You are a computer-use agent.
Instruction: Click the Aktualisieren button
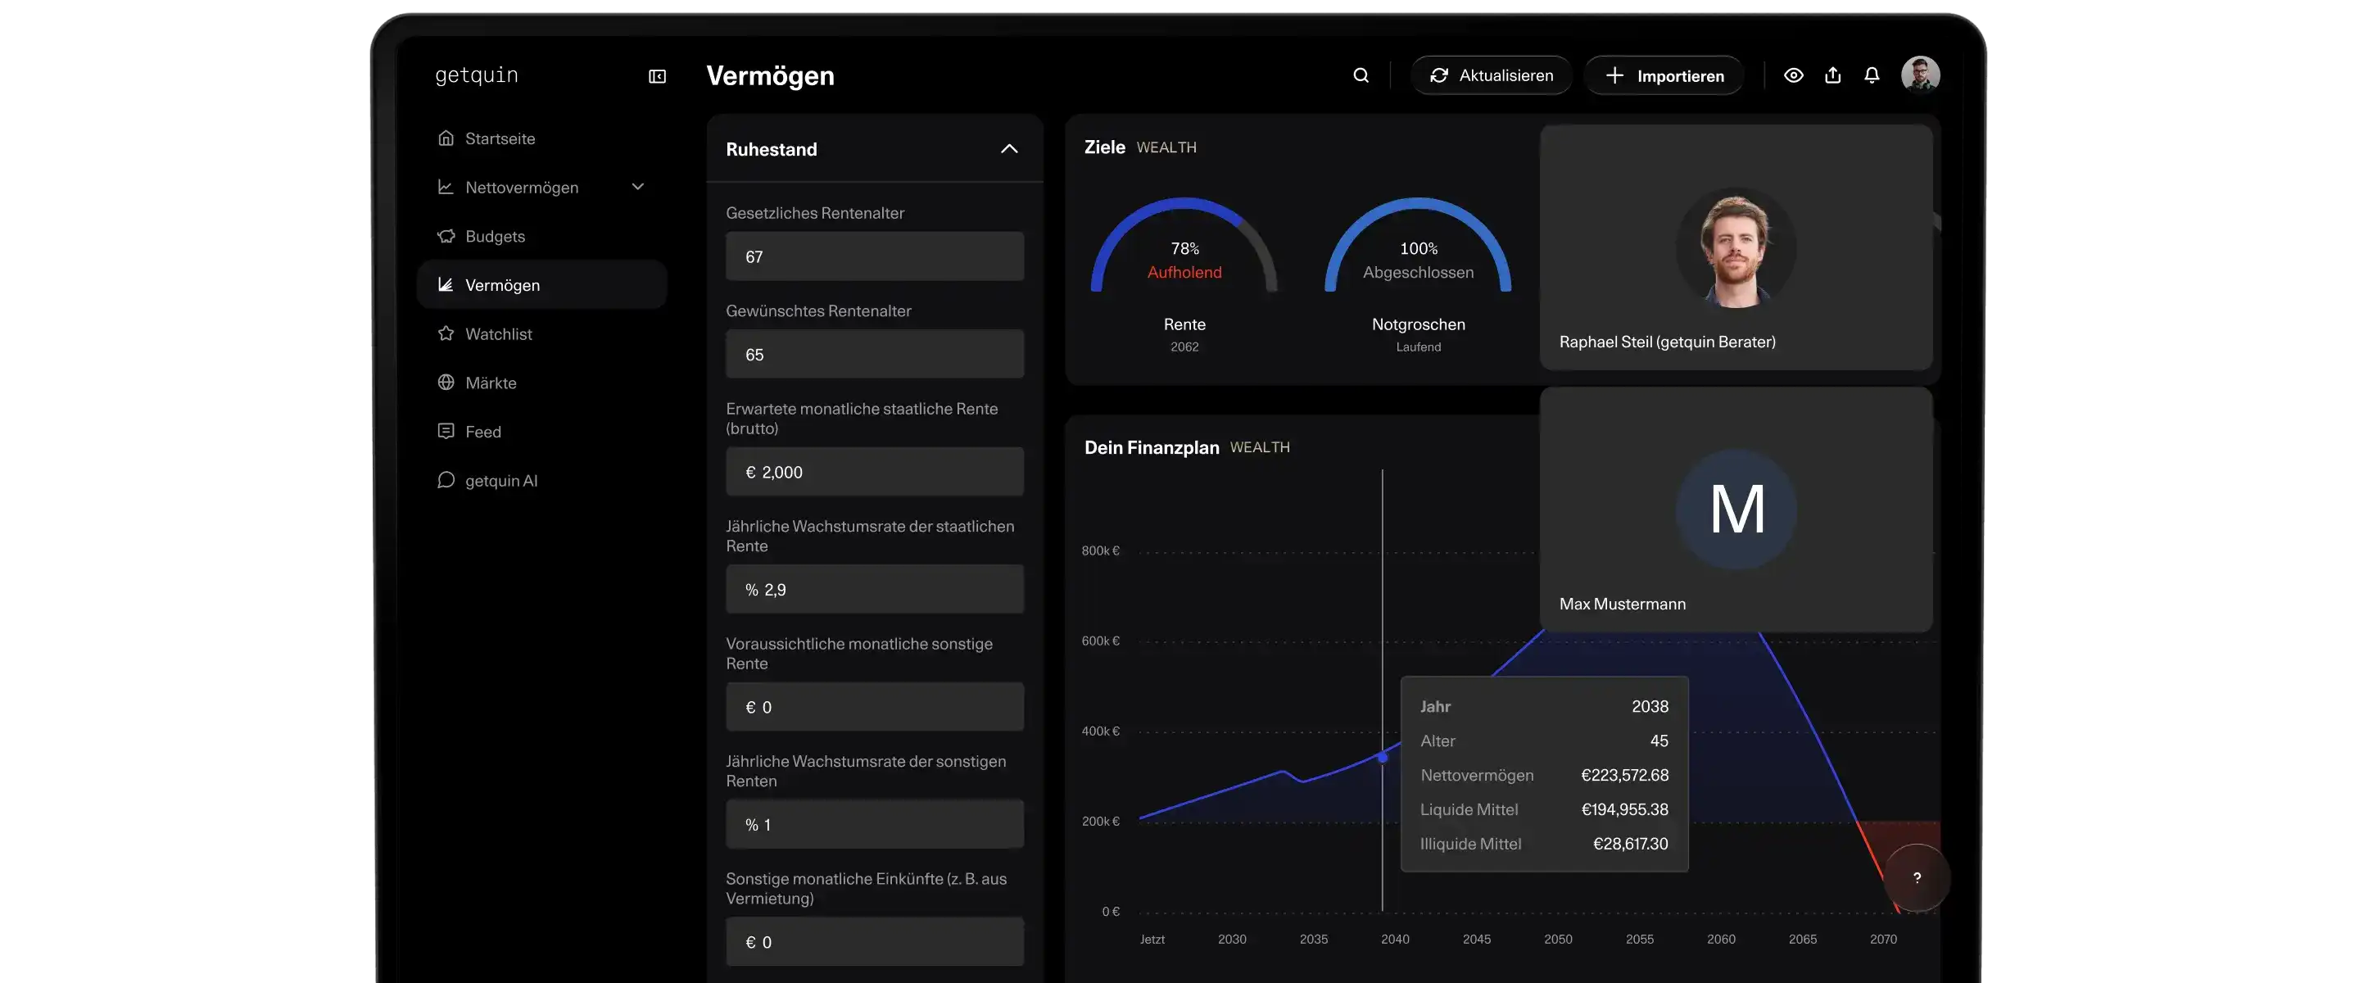1491,75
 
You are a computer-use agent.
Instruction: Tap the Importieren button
1664,75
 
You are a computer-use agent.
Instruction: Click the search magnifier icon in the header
1361,75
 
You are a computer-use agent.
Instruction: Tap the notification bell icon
1872,75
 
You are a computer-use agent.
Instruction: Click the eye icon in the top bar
1793,75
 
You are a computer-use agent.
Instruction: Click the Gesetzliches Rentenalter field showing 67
875,256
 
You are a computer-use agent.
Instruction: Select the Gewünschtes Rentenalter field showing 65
875,355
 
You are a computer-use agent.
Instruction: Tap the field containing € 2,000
875,472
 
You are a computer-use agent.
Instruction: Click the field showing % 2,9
875,589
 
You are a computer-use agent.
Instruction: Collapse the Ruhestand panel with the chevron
1009,148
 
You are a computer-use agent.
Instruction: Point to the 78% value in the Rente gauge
1184,248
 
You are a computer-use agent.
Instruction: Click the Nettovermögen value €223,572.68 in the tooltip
1624,775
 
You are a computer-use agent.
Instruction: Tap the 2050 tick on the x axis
1558,939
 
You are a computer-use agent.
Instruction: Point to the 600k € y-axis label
1101,641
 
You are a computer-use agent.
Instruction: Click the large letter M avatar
1736,510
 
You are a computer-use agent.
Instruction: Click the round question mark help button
1917,877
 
